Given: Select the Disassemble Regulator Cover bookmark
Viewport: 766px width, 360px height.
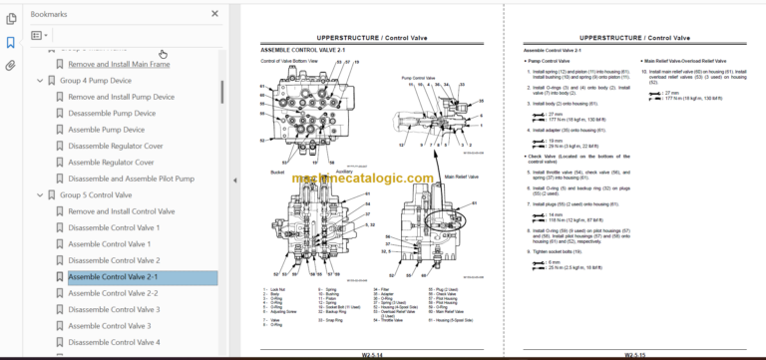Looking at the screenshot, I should coord(111,146).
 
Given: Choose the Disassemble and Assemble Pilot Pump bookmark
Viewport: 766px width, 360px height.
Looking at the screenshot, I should coord(129,179).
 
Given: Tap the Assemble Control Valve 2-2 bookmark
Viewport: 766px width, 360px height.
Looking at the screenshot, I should coord(113,293).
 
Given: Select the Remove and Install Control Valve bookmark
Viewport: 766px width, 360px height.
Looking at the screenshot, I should coord(124,211).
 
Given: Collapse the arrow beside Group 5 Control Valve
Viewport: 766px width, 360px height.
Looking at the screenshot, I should coord(41,195).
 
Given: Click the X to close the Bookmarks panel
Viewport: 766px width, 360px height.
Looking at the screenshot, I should coord(214,14).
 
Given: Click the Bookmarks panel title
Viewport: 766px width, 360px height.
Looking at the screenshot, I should coord(51,14).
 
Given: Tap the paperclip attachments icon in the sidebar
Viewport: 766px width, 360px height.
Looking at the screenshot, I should coord(11,66).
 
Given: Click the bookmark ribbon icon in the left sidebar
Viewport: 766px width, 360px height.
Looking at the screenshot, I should coord(11,43).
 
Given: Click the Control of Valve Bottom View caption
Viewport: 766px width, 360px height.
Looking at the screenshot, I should coord(289,61).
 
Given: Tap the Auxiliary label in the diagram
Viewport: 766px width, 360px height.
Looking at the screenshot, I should coord(343,171).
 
